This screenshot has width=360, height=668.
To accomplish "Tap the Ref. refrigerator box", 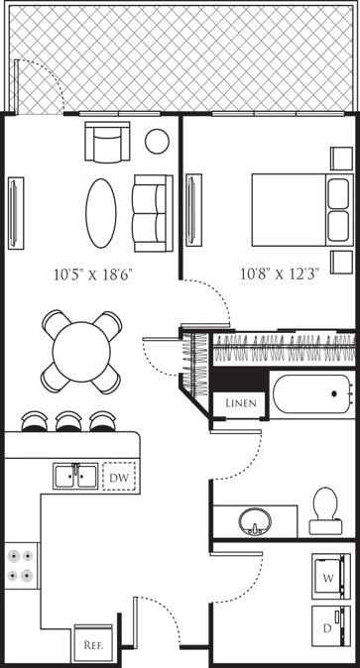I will (94, 642).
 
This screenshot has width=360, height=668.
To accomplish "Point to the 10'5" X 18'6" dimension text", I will (95, 278).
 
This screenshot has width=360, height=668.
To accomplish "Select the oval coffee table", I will (101, 212).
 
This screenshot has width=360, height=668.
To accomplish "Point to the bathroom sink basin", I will (256, 521).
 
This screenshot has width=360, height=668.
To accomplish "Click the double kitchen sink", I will (75, 476).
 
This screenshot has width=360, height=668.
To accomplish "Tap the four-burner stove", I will (21, 565).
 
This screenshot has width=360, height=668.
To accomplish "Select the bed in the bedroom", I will (298, 209).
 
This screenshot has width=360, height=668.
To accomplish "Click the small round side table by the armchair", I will (157, 142).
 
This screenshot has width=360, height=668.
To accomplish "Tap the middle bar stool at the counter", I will (71, 421).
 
